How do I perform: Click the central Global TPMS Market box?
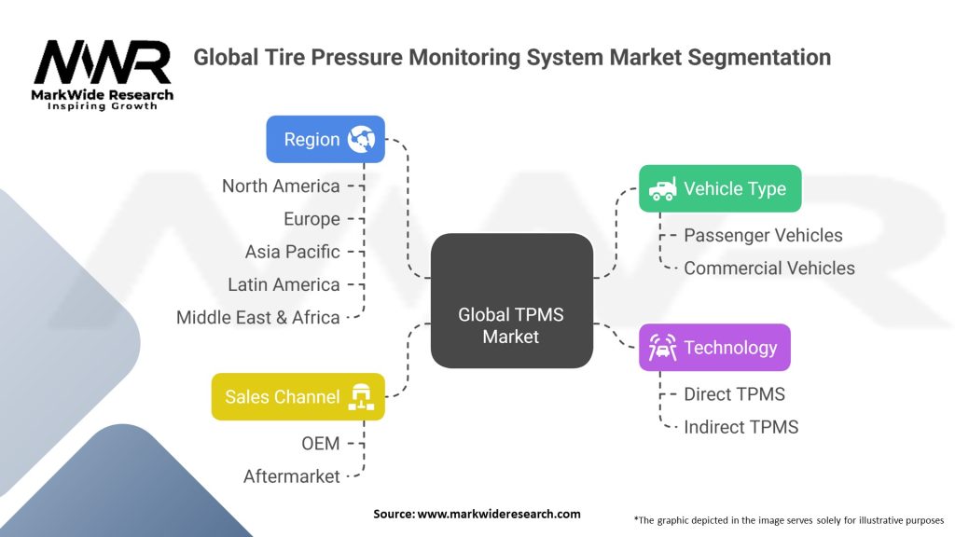coord(511,299)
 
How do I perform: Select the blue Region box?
coord(325,140)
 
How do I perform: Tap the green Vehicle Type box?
coord(719,188)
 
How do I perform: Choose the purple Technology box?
coord(714,348)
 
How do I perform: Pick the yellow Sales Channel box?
coord(298,397)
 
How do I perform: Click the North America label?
coord(281,186)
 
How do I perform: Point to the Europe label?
coord(311,219)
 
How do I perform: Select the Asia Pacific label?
coord(292,252)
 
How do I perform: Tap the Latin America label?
coord(284,284)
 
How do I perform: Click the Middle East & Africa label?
coord(258,317)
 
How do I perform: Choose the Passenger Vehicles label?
coord(763,235)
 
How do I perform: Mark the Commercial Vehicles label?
coord(768,268)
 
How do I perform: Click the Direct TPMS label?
coord(734,393)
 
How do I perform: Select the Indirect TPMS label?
coord(740,426)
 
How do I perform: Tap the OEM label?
coord(320,443)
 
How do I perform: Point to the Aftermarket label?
coord(292,475)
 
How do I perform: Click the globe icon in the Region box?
coord(361,140)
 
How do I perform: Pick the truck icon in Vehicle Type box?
coord(662,188)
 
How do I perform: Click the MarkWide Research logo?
coord(103,73)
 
